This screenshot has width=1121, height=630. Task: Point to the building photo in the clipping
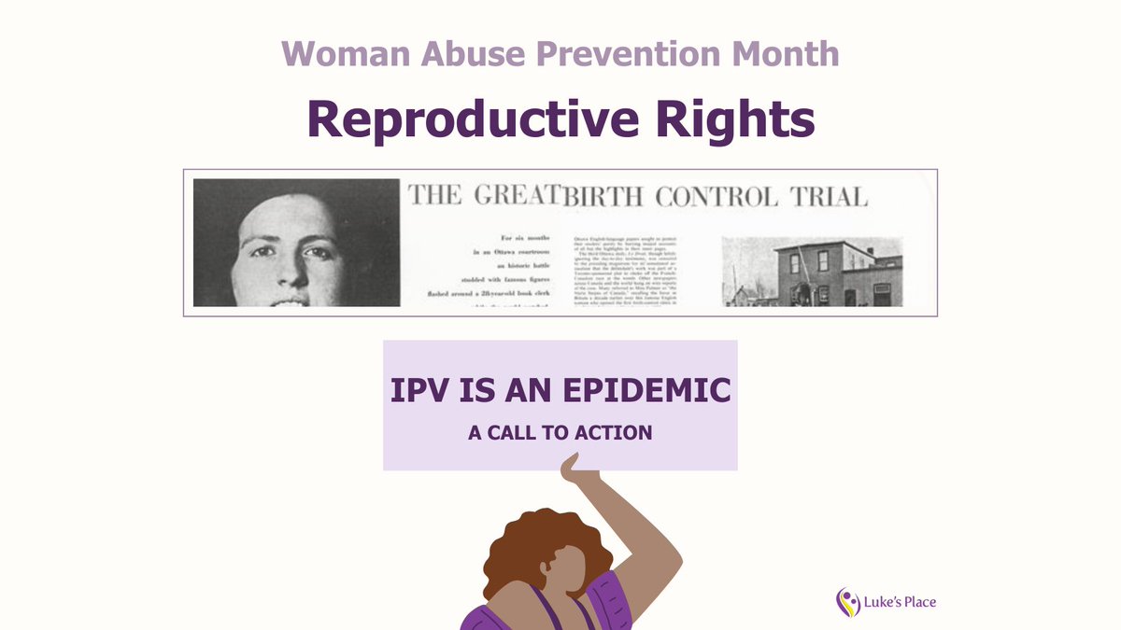(812, 271)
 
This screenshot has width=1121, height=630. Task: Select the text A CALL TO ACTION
(560, 433)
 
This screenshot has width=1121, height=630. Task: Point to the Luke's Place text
(900, 602)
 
